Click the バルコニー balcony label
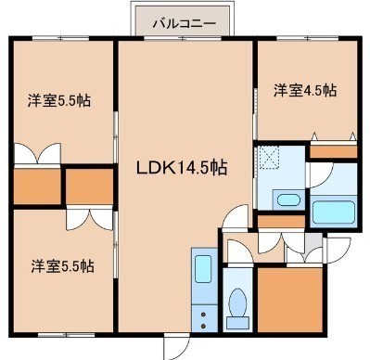(184, 23)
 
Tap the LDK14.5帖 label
(182, 168)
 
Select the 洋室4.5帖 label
(305, 91)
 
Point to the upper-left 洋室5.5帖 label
(59, 100)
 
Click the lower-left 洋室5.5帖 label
(62, 266)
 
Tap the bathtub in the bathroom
(333, 212)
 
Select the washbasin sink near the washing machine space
(287, 199)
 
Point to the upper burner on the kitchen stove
(203, 315)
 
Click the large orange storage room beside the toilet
(290, 300)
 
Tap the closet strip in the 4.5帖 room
(333, 151)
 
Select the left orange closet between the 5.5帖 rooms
(37, 186)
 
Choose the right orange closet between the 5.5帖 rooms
(90, 186)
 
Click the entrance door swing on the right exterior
(338, 251)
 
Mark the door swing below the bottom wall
(176, 347)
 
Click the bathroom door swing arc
(321, 174)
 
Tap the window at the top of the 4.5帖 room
(308, 39)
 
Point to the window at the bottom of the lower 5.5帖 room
(66, 335)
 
